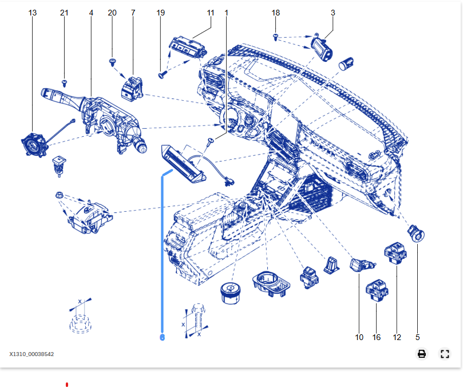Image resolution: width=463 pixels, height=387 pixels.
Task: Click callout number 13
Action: click(33, 13)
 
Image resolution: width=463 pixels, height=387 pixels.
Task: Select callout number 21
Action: click(64, 13)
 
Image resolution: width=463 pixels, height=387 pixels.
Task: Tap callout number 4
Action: click(91, 13)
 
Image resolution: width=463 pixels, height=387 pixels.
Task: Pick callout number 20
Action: click(112, 13)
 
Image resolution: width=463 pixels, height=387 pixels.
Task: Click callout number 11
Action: click(211, 13)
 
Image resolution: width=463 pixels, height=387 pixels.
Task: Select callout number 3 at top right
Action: click(333, 13)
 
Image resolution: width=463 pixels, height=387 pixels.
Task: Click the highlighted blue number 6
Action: click(162, 338)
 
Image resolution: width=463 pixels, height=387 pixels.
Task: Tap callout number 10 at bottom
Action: click(359, 337)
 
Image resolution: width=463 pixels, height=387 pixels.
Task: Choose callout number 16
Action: click(377, 337)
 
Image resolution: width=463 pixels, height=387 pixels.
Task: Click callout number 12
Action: click(397, 337)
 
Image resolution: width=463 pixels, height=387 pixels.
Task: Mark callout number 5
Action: click(417, 337)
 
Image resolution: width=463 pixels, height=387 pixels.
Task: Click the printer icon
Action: click(422, 354)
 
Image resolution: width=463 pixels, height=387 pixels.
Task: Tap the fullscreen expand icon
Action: click(445, 354)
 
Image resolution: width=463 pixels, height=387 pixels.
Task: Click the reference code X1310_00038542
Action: click(31, 354)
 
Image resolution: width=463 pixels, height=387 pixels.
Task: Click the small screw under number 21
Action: click(65, 82)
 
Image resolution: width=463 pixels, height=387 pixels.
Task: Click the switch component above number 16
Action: click(377, 289)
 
